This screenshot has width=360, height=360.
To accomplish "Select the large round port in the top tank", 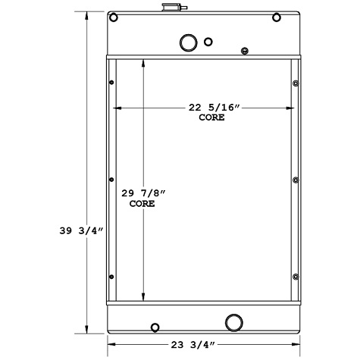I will (187, 42).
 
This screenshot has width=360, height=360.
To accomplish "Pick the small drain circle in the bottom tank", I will (155, 328).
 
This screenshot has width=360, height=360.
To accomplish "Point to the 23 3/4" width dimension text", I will (205, 343).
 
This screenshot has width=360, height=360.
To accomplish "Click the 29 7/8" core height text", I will (142, 193).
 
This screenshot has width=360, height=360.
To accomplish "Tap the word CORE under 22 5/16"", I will (211, 117).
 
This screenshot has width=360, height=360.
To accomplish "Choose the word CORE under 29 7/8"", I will (142, 204).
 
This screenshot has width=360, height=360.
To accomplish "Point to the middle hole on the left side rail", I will (112, 180).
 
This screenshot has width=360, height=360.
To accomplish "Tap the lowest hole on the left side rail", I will (112, 277).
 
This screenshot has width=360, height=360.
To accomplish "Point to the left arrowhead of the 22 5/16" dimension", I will (116, 108).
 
